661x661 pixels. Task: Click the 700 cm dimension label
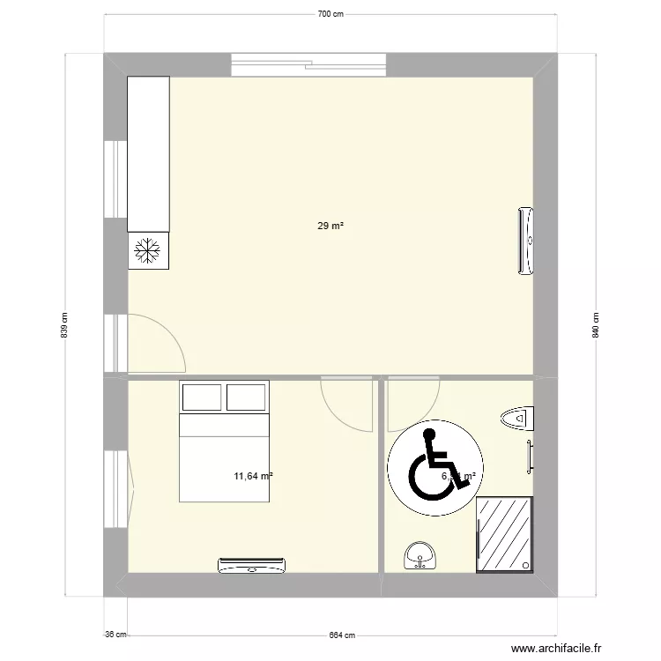pos(330,14)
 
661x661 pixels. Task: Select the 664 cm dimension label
pos(343,635)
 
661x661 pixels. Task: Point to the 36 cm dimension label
pos(115,635)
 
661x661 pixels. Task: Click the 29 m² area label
pos(330,227)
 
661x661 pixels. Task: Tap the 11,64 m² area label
pos(253,477)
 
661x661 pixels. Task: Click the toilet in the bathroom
pos(516,418)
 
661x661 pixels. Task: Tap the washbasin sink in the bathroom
pos(420,554)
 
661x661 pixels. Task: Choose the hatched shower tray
pos(504,534)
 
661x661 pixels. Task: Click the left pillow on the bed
pos(201,397)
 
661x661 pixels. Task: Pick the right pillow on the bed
pos(246,397)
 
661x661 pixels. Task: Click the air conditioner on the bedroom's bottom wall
pos(251,565)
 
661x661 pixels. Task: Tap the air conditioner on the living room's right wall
pos(526,241)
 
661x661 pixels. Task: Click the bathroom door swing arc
pos(412,404)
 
